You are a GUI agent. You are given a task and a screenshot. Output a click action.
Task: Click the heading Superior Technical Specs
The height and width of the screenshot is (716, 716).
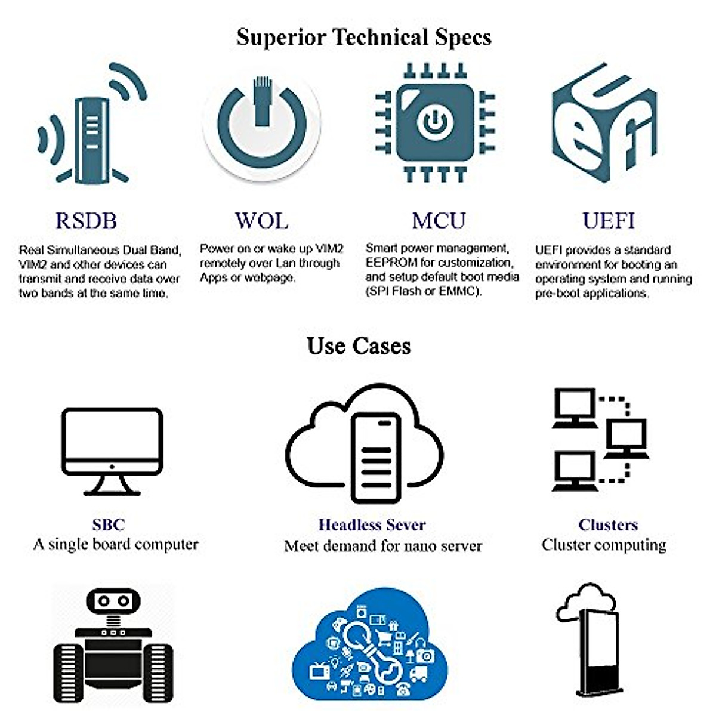[363, 37]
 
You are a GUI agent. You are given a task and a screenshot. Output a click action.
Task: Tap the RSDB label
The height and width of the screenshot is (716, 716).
[87, 221]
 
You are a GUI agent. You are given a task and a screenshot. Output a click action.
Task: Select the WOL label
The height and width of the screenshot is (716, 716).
[261, 221]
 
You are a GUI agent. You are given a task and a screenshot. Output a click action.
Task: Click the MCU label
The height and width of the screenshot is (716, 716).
[439, 221]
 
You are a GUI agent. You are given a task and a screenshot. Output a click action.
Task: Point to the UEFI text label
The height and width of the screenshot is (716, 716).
[609, 221]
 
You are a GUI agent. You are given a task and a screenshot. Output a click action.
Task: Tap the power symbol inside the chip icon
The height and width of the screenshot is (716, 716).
[435, 122]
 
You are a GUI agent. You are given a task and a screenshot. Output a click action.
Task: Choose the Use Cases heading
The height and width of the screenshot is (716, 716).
[359, 346]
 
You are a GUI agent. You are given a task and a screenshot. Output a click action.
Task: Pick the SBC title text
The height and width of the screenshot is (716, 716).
[109, 525]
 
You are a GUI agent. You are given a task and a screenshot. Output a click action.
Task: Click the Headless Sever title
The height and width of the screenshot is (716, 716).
[372, 525]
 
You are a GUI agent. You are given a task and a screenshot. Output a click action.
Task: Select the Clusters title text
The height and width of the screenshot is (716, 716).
[608, 525]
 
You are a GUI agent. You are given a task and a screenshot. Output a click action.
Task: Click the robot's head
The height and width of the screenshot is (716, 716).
[113, 601]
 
